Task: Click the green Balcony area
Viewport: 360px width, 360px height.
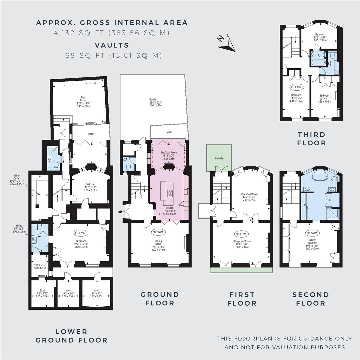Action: [x=219, y=158]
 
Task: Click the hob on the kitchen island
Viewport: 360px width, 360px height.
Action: [x=169, y=193]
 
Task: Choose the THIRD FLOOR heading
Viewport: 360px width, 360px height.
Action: [x=312, y=139]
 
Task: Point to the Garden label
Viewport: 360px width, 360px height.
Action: [x=153, y=99]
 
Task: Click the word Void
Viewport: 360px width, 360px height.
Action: [x=169, y=132]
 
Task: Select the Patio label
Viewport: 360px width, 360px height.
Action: [x=91, y=134]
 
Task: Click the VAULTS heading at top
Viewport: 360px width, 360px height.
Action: [x=112, y=45]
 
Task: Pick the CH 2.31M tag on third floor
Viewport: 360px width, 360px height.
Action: [x=296, y=87]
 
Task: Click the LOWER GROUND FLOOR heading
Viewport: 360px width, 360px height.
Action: [x=71, y=336]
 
